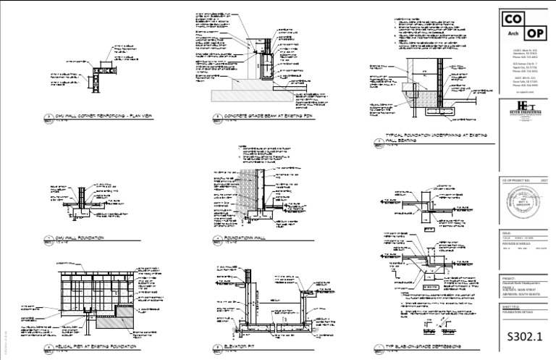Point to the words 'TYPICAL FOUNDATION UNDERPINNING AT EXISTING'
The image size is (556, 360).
(427, 135)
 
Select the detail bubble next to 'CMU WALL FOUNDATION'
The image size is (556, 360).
(50, 237)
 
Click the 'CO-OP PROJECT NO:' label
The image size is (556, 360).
(515, 179)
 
